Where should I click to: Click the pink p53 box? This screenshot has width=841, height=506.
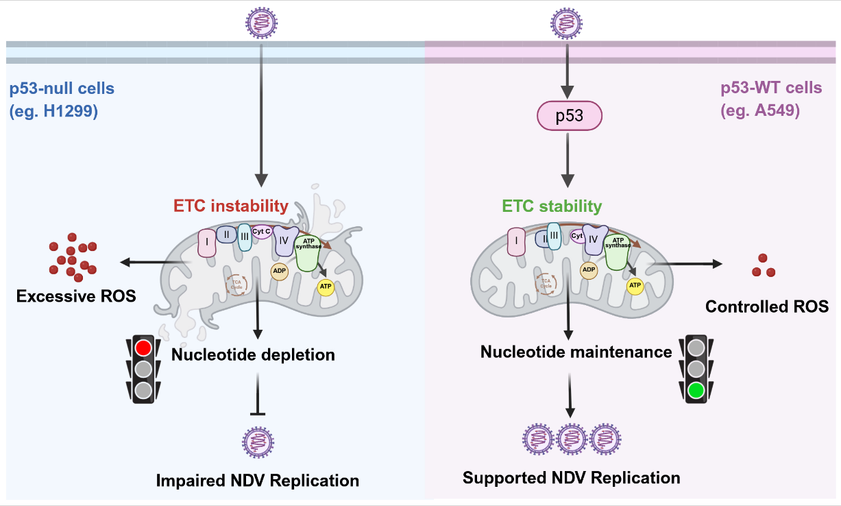pos(568,116)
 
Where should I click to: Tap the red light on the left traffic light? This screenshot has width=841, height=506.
pos(143,348)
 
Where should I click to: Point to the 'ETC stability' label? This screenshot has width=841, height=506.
pos(552,206)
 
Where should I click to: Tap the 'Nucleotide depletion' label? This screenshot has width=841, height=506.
pos(253,354)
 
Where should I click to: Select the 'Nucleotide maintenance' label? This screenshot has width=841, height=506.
pos(576,352)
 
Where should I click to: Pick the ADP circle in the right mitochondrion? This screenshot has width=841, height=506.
pos(588,269)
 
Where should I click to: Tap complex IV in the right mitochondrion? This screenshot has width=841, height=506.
pos(594,240)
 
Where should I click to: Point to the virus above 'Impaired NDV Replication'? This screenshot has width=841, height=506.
pos(257,441)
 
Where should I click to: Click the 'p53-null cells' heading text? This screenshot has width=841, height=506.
pos(62,89)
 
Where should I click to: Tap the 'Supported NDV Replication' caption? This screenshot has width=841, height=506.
pos(571,477)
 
